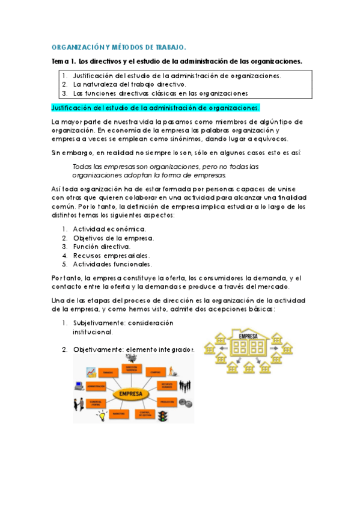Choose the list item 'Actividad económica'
[109, 229]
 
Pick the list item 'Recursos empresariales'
[111, 255]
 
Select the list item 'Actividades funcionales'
[113, 264]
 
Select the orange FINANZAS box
[108, 373]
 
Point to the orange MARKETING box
[118, 414]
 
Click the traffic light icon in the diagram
[162, 417]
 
